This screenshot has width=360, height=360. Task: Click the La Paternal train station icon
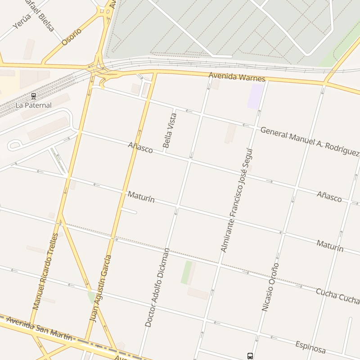(33, 96)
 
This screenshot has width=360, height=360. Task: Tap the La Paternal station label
(33, 105)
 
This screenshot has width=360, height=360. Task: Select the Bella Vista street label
(170, 131)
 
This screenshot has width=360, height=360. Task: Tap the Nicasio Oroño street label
(270, 287)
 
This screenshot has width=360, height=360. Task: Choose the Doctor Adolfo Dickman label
(157, 287)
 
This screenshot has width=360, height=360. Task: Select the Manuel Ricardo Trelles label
(45, 271)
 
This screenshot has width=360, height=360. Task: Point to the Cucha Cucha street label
(337, 295)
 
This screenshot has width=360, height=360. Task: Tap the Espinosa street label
(310, 347)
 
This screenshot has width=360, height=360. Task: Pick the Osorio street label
(72, 37)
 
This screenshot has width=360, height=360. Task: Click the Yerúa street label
(22, 21)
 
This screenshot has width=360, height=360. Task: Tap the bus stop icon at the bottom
(250, 355)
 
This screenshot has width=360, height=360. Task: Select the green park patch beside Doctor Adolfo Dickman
(186, 272)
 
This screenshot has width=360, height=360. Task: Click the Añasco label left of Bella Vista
(140, 147)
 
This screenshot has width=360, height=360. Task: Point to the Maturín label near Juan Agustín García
(141, 197)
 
